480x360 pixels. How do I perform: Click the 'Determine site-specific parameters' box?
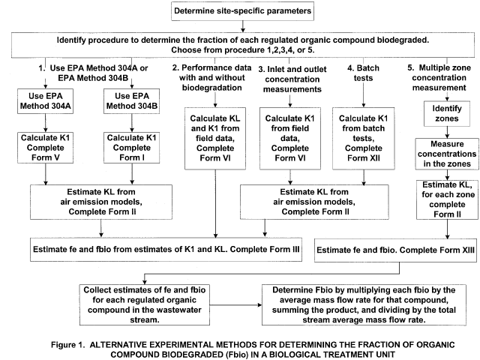coord(242,11)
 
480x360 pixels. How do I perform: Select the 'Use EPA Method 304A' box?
coord(45,101)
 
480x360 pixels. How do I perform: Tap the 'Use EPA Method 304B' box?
coord(132,101)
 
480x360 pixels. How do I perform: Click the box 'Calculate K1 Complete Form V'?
coord(45,148)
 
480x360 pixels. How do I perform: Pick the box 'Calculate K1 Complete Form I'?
coord(132,148)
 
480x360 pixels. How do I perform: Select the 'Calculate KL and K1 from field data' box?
coord(215,138)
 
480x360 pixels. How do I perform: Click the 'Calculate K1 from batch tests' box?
coord(364,138)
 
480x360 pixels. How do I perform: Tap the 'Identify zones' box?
coord(447,113)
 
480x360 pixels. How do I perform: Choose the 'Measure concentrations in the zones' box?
coord(447,154)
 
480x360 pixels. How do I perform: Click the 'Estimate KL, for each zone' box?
coord(447,199)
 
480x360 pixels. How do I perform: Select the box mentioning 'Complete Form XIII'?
coord(395,250)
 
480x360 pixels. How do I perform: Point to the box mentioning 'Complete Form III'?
coord(166,250)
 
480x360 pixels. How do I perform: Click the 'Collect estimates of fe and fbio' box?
coord(145,305)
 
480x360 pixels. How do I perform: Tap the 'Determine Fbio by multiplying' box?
coord(364,305)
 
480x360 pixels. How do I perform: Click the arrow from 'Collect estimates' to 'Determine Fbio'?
coord(235,305)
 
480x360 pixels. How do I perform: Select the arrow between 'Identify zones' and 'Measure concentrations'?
coord(447,132)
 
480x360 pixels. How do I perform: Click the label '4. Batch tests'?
coord(363,73)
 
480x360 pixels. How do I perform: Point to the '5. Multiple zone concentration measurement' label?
coord(439,77)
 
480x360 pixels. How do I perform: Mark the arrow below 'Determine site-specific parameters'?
coord(243,26)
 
